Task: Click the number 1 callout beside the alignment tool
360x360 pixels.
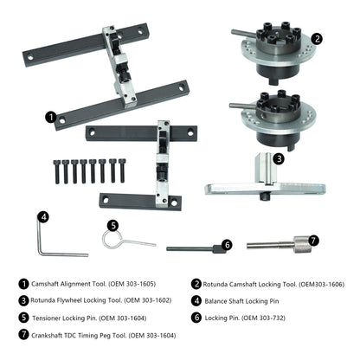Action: point(52,115)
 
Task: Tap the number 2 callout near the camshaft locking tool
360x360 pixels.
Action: point(318,38)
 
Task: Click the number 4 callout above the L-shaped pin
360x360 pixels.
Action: point(42,217)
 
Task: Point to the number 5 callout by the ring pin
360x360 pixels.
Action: point(112,224)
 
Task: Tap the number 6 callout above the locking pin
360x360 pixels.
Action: point(226,245)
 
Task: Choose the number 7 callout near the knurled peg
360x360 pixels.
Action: point(313,239)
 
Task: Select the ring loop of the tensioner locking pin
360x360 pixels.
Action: point(111,240)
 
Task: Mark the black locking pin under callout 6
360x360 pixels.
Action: point(192,249)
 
